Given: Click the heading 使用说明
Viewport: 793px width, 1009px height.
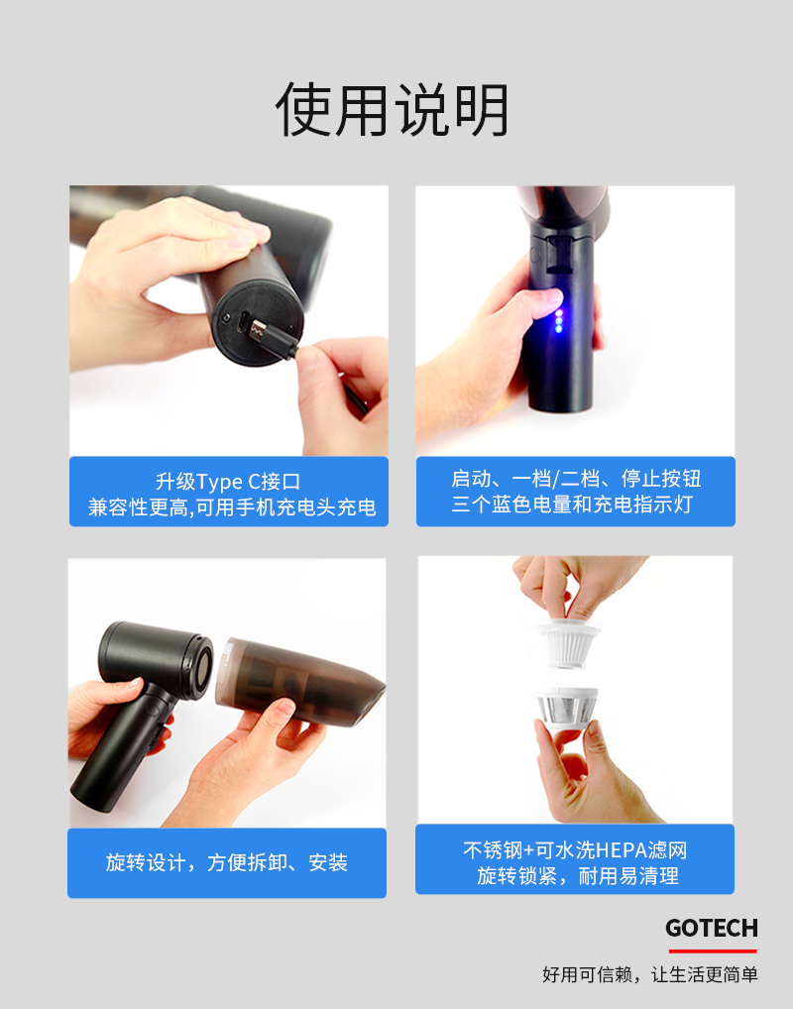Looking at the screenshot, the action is [x=393, y=109].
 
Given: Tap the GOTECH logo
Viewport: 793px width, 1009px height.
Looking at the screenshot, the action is [x=712, y=928].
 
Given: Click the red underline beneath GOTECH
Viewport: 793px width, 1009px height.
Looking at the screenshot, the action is [x=713, y=951].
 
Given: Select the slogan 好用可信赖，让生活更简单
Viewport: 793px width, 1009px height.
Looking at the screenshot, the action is [x=650, y=974].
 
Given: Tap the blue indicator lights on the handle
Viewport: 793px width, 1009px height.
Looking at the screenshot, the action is [x=559, y=321].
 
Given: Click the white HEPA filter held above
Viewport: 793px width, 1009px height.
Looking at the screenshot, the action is [x=567, y=642].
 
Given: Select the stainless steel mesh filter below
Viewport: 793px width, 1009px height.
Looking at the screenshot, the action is [x=567, y=707].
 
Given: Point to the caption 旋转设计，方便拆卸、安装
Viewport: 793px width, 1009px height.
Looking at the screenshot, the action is [x=227, y=862].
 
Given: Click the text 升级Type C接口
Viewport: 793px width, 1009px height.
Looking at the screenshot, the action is [x=228, y=482].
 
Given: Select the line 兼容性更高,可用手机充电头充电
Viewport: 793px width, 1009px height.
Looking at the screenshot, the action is [x=232, y=507].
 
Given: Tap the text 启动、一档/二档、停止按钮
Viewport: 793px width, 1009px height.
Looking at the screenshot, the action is [x=576, y=479].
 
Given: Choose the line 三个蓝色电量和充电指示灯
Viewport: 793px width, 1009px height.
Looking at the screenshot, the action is [x=572, y=504].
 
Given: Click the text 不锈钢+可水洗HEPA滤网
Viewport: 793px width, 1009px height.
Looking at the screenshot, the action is [x=575, y=850].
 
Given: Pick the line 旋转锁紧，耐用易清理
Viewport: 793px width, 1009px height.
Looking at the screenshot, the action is [x=577, y=876].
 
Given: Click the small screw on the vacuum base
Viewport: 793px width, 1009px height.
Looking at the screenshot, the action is [x=225, y=318].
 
